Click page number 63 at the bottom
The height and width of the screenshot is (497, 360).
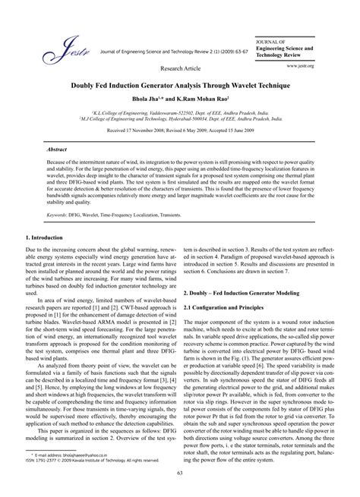[179, 473]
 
